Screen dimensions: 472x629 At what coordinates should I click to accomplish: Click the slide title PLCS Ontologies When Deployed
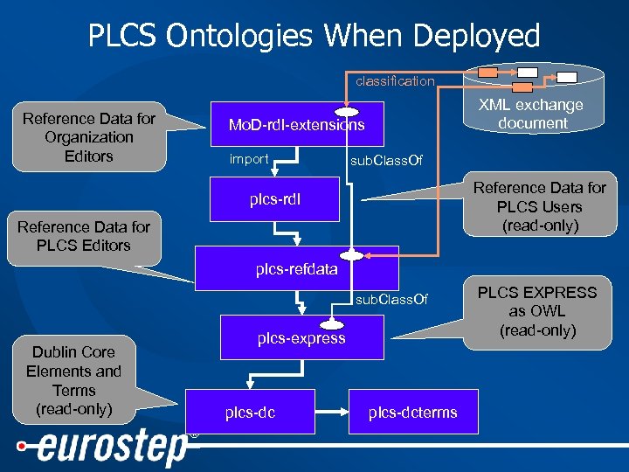coord(314,36)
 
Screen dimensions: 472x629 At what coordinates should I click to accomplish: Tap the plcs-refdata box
coord(296,269)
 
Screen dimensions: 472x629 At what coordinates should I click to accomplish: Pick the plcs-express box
coord(301,338)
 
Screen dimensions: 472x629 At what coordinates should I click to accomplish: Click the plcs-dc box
coord(250,413)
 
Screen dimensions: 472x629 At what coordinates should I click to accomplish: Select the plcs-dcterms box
coord(412,413)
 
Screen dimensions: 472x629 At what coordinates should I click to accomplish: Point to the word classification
coord(394,81)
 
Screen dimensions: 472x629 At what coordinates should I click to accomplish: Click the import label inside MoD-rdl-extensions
coord(248,159)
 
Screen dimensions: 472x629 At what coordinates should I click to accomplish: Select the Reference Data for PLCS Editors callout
coord(84,236)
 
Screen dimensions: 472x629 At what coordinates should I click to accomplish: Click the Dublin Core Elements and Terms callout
coord(73,380)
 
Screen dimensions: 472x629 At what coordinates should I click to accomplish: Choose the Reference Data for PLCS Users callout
coord(539,207)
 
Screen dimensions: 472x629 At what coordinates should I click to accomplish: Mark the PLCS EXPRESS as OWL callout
coord(537,311)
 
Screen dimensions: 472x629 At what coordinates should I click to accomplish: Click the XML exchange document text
coord(533,115)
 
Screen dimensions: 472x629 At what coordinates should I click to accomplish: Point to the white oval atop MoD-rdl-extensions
coord(348,112)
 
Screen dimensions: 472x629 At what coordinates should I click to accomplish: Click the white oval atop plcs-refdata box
coord(351,255)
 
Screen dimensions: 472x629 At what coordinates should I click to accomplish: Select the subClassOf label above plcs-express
coord(391,300)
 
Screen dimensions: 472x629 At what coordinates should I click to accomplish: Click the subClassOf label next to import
coord(386,161)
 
